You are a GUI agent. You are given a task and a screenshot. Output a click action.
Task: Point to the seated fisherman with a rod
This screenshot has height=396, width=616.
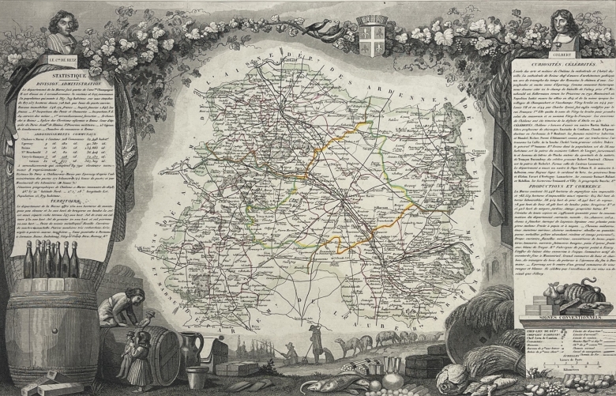click(x=288, y=348)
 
